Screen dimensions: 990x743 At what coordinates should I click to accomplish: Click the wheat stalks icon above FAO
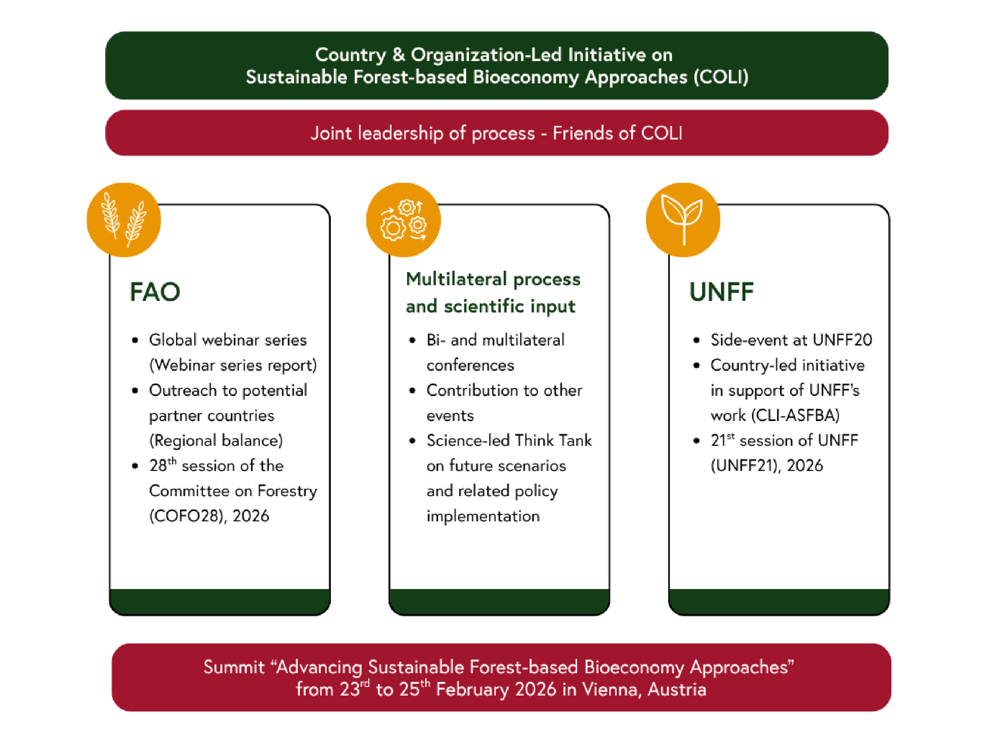123,220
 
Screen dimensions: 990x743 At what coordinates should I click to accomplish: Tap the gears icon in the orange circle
403,220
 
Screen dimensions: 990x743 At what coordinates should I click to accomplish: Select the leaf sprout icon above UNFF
683,220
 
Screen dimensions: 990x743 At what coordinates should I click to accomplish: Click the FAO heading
155,292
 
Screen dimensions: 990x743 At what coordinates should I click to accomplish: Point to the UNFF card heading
721,292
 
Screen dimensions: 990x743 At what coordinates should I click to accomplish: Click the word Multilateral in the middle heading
456,279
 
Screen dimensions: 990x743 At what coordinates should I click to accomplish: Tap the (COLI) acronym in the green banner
721,77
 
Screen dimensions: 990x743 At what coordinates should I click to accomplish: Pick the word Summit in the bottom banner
234,667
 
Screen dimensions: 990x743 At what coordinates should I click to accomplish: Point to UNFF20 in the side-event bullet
842,340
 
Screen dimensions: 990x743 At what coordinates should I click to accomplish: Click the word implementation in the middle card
483,516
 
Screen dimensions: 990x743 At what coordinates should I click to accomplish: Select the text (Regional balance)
216,441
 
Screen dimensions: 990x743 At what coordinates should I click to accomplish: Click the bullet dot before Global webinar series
135,341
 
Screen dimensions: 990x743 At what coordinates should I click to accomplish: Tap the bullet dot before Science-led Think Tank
412,441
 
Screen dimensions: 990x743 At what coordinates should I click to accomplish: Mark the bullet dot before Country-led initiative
696,365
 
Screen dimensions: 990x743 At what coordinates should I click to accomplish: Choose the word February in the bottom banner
472,690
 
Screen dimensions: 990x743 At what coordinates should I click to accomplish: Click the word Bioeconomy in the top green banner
526,78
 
